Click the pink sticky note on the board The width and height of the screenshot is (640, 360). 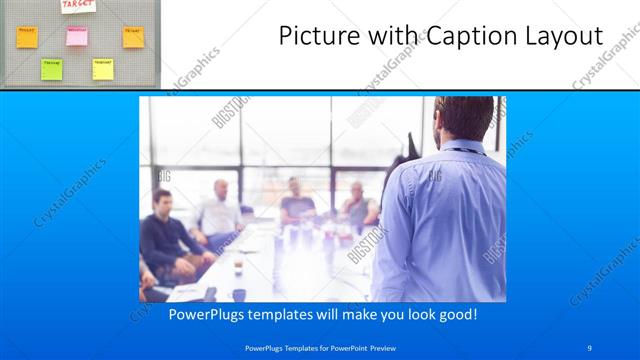(77, 36)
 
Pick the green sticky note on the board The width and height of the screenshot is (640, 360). (51, 68)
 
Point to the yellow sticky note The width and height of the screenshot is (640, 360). (103, 68)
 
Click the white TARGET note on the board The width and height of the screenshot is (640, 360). (77, 5)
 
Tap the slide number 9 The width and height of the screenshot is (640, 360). (589, 347)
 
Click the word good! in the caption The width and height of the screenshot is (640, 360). (456, 314)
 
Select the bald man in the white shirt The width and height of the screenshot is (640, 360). (219, 210)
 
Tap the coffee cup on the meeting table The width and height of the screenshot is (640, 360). (237, 267)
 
